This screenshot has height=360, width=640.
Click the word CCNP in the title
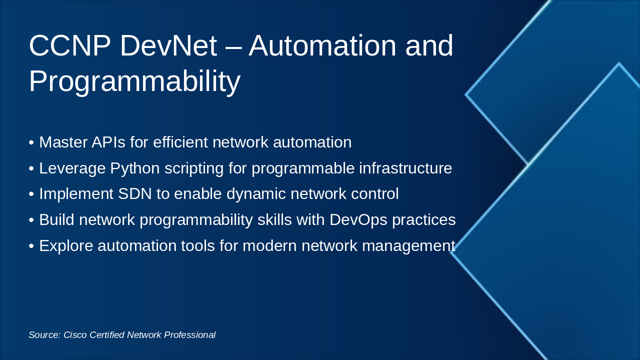coord(69,45)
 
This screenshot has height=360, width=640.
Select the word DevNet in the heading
coord(168,45)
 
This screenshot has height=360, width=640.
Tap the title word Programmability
coord(134,81)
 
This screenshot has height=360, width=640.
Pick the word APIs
coord(108,142)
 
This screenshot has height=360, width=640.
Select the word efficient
coord(180,142)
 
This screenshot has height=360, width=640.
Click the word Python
coord(135,168)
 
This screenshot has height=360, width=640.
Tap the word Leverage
coord(72,168)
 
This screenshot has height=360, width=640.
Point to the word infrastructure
coord(405,168)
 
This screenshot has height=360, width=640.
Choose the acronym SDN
coord(135,193)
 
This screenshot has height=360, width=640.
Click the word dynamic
coord(256,194)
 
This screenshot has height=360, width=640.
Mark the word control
coord(374,193)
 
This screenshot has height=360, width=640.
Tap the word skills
coord(274,219)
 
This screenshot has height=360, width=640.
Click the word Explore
coord(66,246)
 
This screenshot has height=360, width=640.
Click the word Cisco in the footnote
coord(75,335)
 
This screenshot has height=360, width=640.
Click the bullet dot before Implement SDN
coord(31,194)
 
